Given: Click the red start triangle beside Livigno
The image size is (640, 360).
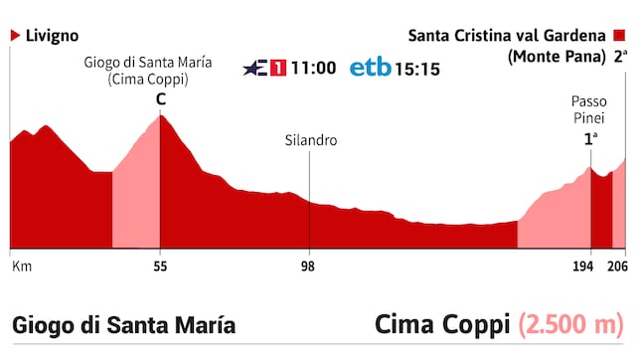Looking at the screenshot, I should point(15,35).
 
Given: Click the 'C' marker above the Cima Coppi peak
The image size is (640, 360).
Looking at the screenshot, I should point(160,99).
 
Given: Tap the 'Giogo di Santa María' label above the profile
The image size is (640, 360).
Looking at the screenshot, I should point(148,63).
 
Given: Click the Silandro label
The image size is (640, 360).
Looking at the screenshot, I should point(310,140).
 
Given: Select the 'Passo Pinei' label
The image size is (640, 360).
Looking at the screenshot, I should point(588,108).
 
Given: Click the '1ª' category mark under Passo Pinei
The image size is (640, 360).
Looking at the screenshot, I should point(589,140).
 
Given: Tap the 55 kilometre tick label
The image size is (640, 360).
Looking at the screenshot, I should point(160,267).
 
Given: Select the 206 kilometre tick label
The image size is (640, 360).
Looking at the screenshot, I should point(618,267).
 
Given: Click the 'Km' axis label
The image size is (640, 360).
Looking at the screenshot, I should point(20,267).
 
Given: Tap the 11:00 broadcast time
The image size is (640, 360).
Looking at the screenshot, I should point(313,69).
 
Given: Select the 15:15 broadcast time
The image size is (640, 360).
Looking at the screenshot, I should point(419,69).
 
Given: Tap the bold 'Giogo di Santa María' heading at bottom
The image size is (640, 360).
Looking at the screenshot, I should point(124,325).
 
